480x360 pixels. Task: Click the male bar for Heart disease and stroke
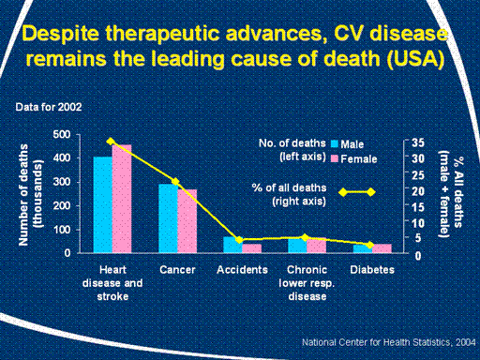pyautogui.click(x=103, y=204)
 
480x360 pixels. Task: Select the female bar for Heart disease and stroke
pyautogui.click(x=122, y=199)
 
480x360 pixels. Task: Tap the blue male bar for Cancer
pyautogui.click(x=168, y=218)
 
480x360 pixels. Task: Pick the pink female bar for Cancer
pyautogui.click(x=187, y=221)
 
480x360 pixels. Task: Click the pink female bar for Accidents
pyautogui.click(x=251, y=248)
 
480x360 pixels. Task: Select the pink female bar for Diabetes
pyautogui.click(x=382, y=248)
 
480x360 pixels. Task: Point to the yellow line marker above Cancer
pyautogui.click(x=175, y=182)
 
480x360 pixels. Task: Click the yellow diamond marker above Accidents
pyautogui.click(x=239, y=240)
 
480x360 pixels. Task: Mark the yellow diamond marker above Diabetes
pyautogui.click(x=370, y=245)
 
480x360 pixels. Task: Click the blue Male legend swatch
pyautogui.click(x=335, y=143)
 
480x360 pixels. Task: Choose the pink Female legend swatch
pyautogui.click(x=335, y=158)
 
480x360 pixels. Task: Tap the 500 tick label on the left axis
pyautogui.click(x=62, y=135)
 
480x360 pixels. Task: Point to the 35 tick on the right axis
pyautogui.click(x=417, y=142)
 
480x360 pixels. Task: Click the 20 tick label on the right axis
pyautogui.click(x=417, y=191)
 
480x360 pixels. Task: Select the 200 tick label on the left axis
pyautogui.click(x=62, y=205)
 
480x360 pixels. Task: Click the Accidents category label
pyautogui.click(x=242, y=270)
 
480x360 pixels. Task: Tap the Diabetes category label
pyautogui.click(x=372, y=270)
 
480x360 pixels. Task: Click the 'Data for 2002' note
pyautogui.click(x=49, y=107)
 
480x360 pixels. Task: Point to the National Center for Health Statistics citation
pyautogui.click(x=388, y=342)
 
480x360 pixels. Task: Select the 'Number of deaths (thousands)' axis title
pyautogui.click(x=30, y=194)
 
